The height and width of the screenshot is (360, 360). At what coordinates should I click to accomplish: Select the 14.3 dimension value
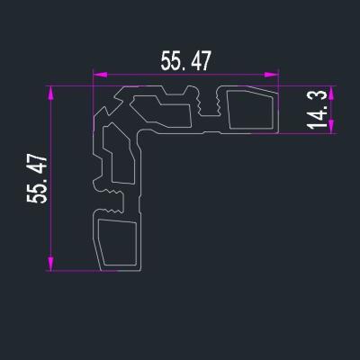(x=317, y=110)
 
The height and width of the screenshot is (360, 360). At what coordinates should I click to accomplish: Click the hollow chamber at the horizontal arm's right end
(x=249, y=109)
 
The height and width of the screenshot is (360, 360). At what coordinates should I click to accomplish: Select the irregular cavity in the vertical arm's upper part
(x=117, y=153)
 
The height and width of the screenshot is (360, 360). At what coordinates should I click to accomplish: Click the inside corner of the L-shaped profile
(x=142, y=134)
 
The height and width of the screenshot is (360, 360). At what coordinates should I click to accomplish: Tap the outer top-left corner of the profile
(x=94, y=88)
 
